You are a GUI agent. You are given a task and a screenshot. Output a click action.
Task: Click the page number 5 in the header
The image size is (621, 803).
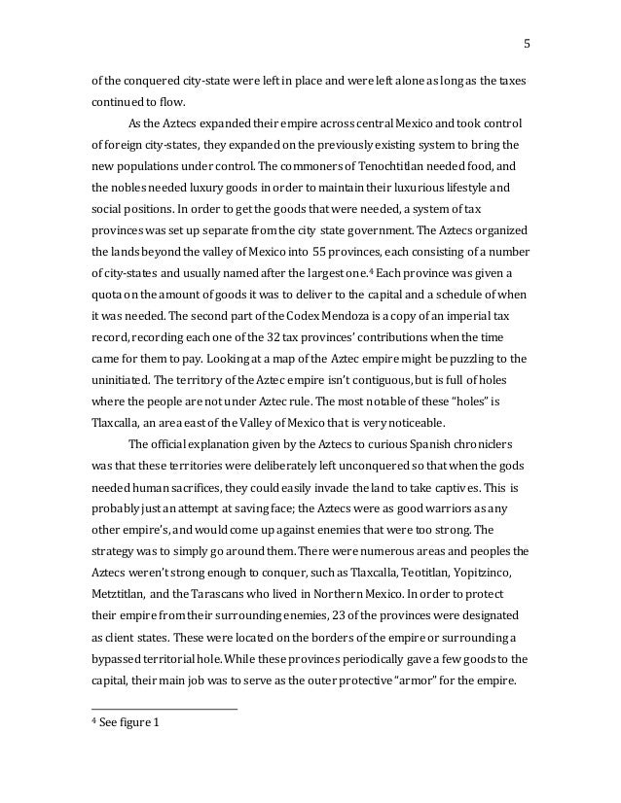pyautogui.click(x=527, y=43)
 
